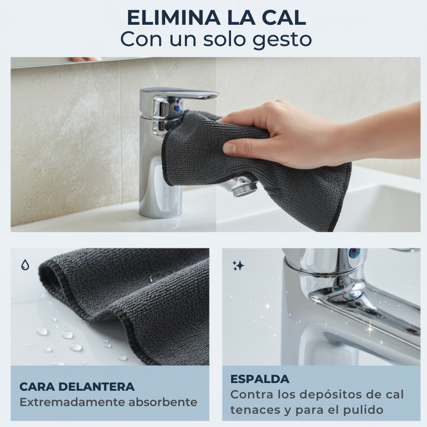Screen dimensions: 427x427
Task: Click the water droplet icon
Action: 25,265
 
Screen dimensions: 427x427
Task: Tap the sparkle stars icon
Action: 238,266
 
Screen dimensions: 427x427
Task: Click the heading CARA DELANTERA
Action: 77,387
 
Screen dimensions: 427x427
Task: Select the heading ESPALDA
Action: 260,379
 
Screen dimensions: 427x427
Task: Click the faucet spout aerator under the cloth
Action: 243,187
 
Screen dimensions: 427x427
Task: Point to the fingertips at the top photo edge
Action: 85,59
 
